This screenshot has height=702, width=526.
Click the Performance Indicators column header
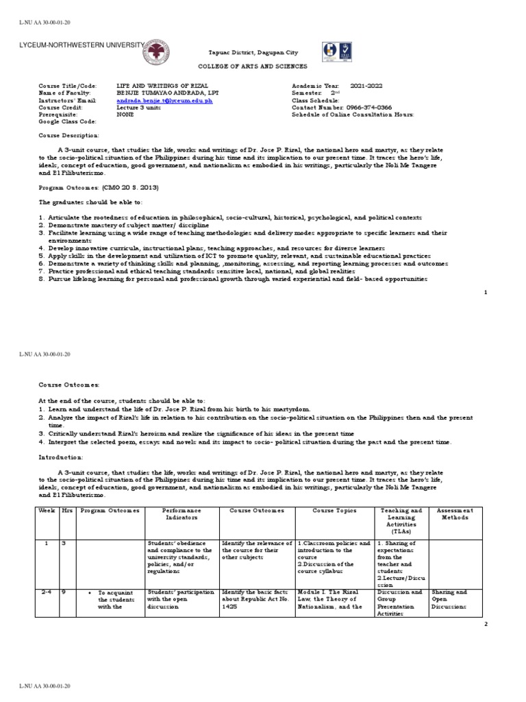coord(182,514)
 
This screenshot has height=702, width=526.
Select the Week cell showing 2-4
coord(46,592)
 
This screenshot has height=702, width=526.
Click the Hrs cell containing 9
coord(64,592)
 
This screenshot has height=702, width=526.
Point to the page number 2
coord(486,625)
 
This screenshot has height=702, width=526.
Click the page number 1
coord(486,293)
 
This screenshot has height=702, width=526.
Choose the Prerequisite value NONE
coord(125,115)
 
